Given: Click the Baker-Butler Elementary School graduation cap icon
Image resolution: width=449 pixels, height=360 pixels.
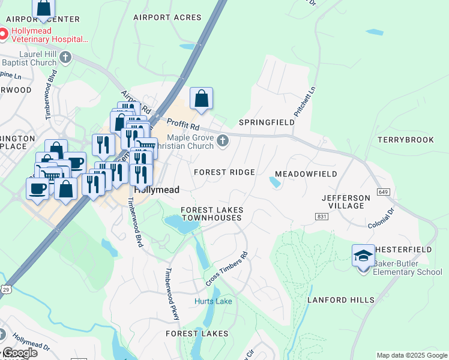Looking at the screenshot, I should coord(363,256).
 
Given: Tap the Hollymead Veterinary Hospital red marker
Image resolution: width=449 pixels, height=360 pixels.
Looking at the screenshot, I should coord(3,34).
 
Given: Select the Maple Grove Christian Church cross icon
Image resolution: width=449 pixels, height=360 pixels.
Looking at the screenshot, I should coord(223,141).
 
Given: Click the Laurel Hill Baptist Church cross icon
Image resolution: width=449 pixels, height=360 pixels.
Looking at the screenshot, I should coord(66,57).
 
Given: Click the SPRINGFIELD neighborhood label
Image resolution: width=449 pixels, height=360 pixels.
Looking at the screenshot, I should coord(267,122).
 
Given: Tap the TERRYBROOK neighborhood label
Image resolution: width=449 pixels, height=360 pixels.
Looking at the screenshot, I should coord(406,140).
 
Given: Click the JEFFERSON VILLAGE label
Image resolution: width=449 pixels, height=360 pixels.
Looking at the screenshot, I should coord(346,202).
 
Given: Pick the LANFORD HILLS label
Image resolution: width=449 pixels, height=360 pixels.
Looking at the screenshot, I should coord(341,300).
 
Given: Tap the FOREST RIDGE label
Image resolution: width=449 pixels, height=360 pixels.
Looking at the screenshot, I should coord(224,172).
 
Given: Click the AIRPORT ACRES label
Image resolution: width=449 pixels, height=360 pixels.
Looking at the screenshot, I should coord(163,18).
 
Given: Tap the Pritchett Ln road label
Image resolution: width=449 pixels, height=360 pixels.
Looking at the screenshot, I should coord(304,101).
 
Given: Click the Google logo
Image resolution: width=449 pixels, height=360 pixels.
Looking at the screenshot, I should coord(19,353).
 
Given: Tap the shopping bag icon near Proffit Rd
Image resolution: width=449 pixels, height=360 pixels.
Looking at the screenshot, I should coord(202,98).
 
